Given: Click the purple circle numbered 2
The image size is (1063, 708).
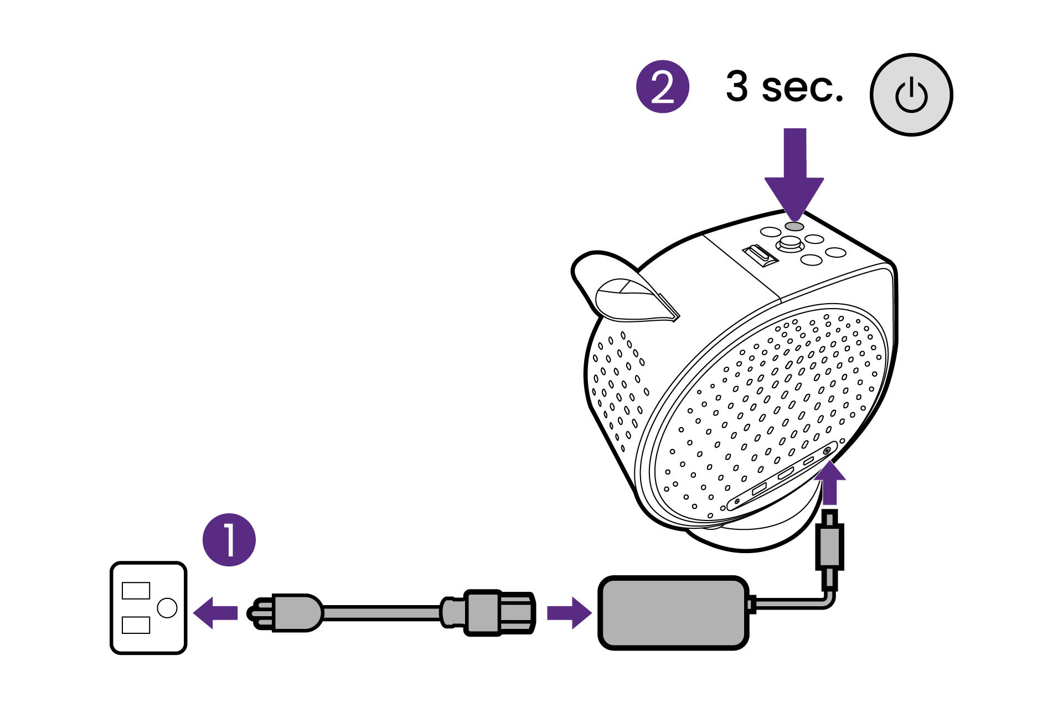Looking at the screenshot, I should pyautogui.click(x=662, y=87).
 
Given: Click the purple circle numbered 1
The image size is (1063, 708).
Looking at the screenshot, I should pyautogui.click(x=229, y=540).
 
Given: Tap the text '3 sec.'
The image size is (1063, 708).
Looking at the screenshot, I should pyautogui.click(x=784, y=87).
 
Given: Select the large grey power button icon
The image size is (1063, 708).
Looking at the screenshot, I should pyautogui.click(x=911, y=95).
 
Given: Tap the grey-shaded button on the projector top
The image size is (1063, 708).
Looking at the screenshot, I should pyautogui.click(x=794, y=226).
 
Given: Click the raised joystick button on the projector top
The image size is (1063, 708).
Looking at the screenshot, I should pyautogui.click(x=790, y=243).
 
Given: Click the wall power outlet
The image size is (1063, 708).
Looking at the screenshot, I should pyautogui.click(x=148, y=608).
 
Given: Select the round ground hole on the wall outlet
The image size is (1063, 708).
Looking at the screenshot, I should pyautogui.click(x=167, y=608).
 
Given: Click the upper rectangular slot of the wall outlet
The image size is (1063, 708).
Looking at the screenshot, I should pyautogui.click(x=136, y=591).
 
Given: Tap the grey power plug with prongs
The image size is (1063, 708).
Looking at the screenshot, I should pyautogui.click(x=288, y=612).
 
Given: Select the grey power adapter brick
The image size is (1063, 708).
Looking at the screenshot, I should pyautogui.click(x=673, y=612).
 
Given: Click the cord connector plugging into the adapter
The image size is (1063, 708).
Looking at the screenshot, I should pyautogui.click(x=490, y=612).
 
